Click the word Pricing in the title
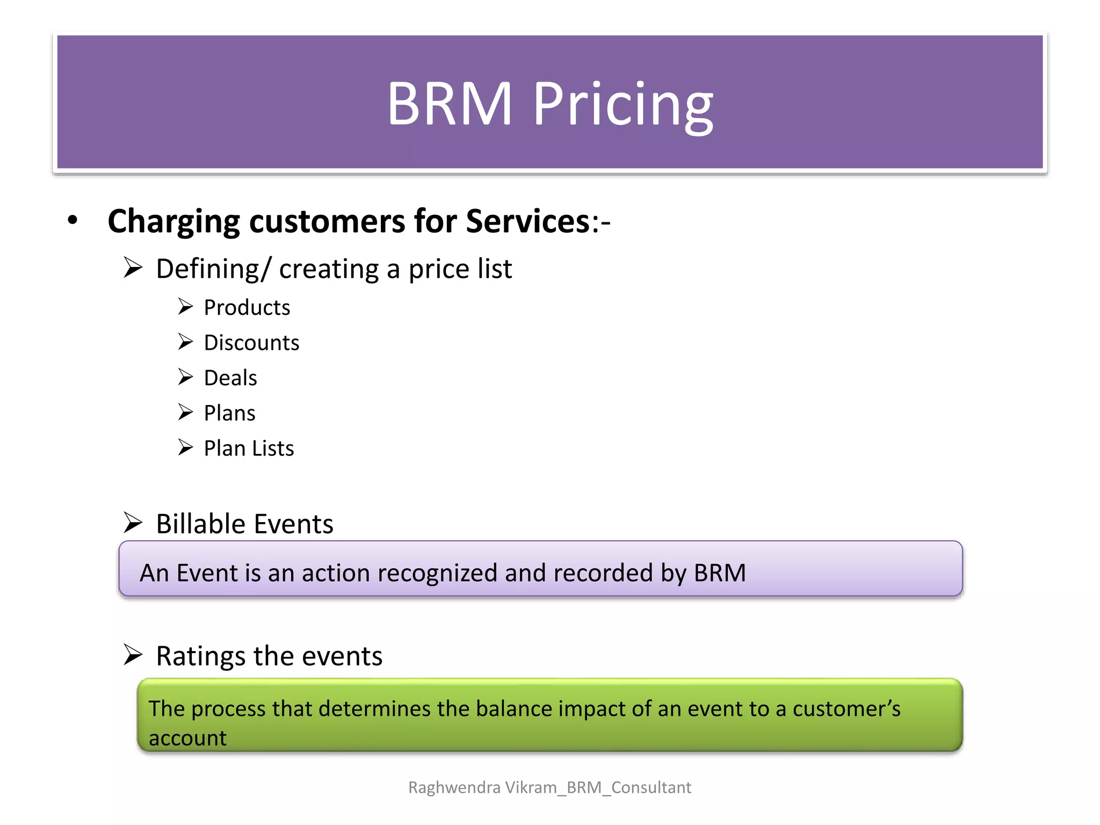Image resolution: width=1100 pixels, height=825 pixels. coord(623,105)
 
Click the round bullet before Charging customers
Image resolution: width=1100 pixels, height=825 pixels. coord(73,220)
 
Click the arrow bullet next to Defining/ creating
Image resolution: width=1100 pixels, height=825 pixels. coord(133,267)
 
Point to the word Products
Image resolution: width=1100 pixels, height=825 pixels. coord(247,308)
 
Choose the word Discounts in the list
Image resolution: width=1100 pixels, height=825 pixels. coord(251,343)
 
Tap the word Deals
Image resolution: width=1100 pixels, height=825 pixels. coord(230,378)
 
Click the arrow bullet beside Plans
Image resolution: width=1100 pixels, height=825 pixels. coord(185,412)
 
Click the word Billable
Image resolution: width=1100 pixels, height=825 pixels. coord(201,524)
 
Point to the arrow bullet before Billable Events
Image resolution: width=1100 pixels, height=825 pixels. coord(133,522)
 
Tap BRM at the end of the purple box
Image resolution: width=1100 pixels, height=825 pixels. coord(720,573)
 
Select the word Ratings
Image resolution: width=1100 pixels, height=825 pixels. coord(201,656)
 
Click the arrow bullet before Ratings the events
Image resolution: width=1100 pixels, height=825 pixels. coord(133,655)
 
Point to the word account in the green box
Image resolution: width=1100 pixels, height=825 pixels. coord(187,739)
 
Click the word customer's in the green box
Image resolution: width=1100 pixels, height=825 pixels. coord(846,709)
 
